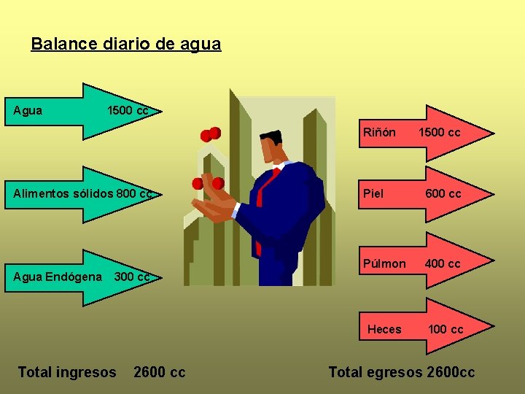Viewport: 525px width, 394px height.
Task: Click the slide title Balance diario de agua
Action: click(125, 44)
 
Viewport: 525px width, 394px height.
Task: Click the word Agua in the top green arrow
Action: click(28, 111)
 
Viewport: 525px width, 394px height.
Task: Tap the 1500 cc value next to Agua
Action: click(128, 111)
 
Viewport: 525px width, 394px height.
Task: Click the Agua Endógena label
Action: click(58, 277)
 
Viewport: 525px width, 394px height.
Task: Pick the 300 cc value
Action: click(132, 277)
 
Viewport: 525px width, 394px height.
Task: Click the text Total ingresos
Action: click(66, 372)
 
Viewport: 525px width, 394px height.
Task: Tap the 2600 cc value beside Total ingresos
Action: click(160, 372)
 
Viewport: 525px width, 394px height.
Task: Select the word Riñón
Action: click(379, 133)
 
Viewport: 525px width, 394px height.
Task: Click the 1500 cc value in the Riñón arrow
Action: click(439, 133)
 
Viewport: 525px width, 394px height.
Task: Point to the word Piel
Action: click(373, 194)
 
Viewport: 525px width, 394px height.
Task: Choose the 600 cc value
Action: click(443, 194)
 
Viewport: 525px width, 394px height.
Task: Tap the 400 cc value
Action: click(443, 263)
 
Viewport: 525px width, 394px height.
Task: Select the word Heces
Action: click(384, 329)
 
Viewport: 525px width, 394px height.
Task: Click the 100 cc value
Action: click(446, 329)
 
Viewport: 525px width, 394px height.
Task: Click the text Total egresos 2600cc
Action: click(401, 372)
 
